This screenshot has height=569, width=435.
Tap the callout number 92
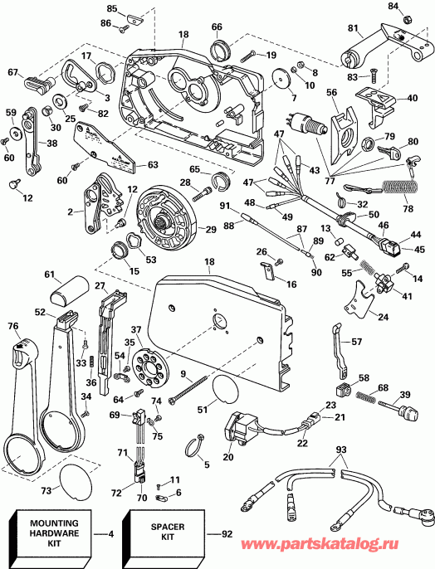(227, 534)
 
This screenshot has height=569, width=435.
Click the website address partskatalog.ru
(320, 544)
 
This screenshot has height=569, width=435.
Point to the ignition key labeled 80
(389, 151)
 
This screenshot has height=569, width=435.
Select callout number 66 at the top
(217, 27)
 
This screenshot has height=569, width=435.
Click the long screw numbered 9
(188, 389)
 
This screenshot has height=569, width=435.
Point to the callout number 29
(211, 229)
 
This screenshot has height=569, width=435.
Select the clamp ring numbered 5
(195, 445)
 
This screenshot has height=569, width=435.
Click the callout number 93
(341, 450)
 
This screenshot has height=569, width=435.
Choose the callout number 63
(153, 165)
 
